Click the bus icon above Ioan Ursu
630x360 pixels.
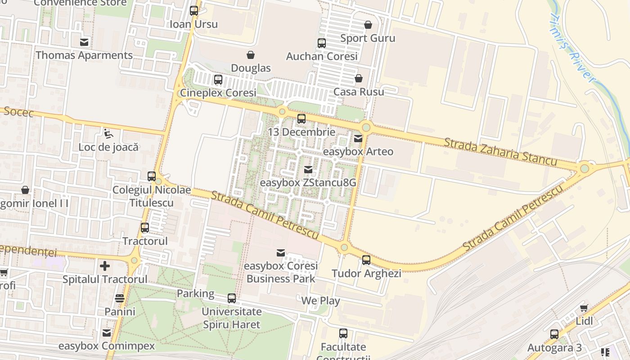[x=194, y=10]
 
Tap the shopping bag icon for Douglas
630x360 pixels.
[x=251, y=55]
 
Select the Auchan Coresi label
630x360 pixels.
[x=322, y=56]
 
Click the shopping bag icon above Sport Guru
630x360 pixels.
[x=368, y=25]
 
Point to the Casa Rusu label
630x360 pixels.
[x=359, y=92]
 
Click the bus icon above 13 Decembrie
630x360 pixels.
[x=301, y=119]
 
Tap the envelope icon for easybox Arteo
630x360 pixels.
[x=358, y=139]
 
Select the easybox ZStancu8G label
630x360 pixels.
[x=308, y=183]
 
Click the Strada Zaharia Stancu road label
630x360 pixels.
[x=500, y=152]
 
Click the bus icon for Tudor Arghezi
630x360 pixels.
[x=366, y=260]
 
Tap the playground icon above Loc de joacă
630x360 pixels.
[x=108, y=133]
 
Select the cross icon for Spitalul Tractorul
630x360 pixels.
[x=105, y=266]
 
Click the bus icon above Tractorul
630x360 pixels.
[x=145, y=228]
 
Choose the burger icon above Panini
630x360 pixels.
[x=120, y=298]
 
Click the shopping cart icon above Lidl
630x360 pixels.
[x=584, y=308]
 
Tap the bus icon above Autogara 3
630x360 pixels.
[x=554, y=334]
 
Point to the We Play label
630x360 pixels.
[x=320, y=301]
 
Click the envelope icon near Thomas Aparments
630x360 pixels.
[x=84, y=42]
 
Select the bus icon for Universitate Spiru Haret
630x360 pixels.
[x=232, y=298]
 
